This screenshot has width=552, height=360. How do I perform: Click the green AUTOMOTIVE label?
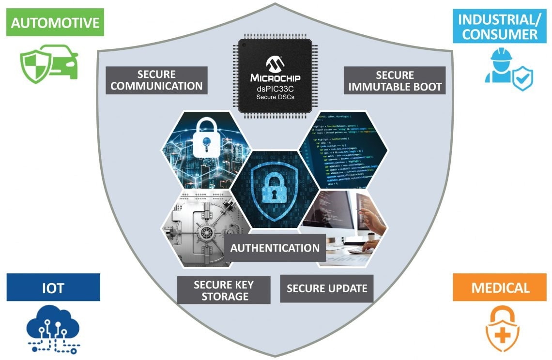tap(55, 23)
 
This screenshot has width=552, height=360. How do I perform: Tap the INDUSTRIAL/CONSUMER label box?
tap(498, 27)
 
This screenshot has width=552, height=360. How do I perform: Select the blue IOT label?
tap(53, 288)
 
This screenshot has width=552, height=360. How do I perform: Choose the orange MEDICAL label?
tap(501, 288)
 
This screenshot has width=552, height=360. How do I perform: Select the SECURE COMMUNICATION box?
tap(156, 80)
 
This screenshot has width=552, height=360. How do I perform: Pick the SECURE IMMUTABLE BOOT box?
tap(395, 81)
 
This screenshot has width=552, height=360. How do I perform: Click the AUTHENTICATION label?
tap(275, 248)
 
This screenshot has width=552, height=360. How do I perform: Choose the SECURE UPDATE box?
tap(327, 288)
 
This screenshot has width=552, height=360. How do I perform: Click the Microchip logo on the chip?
tap(276, 63)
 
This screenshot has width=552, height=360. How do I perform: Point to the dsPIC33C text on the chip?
tap(275, 88)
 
